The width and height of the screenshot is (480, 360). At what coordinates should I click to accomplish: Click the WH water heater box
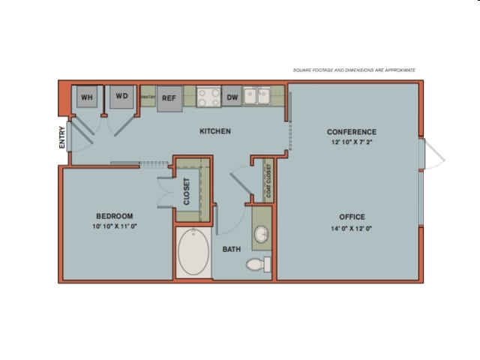tap(87, 97)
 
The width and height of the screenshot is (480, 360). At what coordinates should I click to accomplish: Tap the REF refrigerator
tap(169, 98)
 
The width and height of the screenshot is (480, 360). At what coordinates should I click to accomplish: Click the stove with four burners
tap(208, 97)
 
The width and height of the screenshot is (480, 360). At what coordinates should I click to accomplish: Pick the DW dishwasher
tap(232, 97)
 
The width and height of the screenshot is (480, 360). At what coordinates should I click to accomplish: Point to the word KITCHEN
tap(214, 131)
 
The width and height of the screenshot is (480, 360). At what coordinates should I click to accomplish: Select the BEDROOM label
tap(114, 216)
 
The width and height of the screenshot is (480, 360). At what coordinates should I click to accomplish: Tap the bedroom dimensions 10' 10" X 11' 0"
tap(114, 226)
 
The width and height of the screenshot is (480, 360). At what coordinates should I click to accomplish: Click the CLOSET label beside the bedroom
tap(187, 192)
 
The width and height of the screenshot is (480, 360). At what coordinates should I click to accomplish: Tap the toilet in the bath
tap(257, 264)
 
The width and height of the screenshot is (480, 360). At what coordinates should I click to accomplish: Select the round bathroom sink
tap(262, 235)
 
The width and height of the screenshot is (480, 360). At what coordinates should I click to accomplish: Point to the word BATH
tap(231, 249)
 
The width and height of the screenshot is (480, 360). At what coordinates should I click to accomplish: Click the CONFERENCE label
tap(351, 132)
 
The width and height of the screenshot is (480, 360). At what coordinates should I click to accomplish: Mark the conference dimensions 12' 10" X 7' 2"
tap(351, 142)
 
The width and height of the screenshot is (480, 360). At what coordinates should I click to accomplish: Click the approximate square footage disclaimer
tap(353, 70)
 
